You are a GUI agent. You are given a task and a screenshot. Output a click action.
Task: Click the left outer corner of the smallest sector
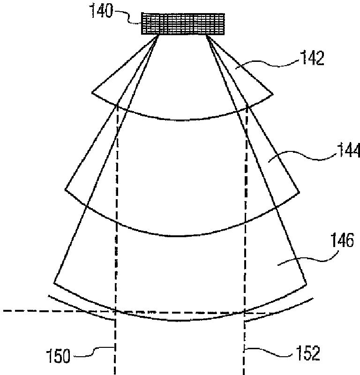pyautogui.click(x=92, y=92)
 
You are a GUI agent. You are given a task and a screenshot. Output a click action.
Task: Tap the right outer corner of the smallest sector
pyautogui.click(x=272, y=92)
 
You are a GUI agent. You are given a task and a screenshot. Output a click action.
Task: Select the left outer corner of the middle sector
pyautogui.click(x=65, y=189)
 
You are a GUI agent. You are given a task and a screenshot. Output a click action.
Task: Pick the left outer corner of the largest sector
pyautogui.click(x=54, y=283)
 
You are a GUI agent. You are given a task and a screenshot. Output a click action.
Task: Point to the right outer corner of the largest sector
pyautogui.click(x=307, y=285)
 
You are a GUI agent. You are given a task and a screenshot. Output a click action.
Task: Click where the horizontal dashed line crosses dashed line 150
pyautogui.click(x=115, y=311)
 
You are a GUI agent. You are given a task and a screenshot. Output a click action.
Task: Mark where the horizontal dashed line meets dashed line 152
pyautogui.click(x=244, y=312)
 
